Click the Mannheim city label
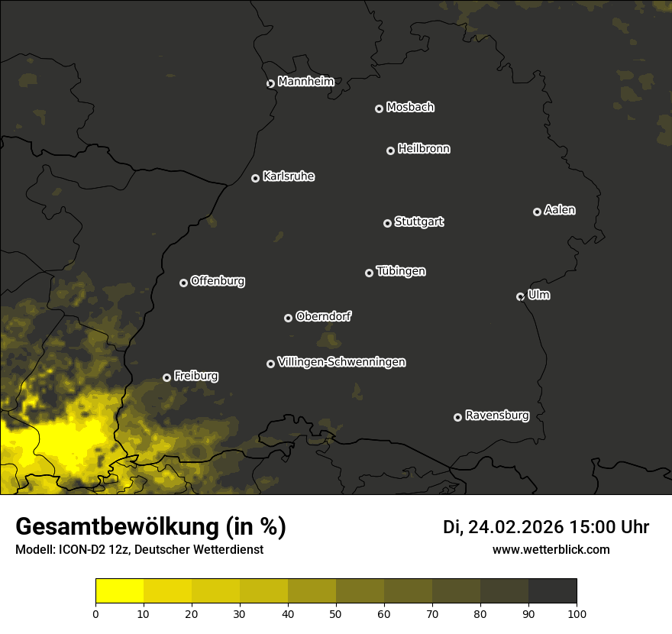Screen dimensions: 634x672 coord(305,81)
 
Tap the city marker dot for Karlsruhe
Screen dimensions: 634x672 coord(255,178)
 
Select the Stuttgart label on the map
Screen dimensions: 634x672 coord(418,222)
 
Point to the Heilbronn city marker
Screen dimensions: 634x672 coord(390,150)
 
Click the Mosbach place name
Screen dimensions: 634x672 coord(410,107)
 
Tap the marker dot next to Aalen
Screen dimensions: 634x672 coord(537,212)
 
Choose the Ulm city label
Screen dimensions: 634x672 coord(538,295)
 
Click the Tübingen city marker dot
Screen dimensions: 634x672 coord(369,273)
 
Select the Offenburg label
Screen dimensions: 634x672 coord(218,280)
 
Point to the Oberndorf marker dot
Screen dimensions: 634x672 coord(288,318)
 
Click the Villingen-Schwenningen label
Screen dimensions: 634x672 coord(341,361)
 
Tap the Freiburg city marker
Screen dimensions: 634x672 coord(166,377)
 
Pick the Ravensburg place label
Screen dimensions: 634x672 coord(496,416)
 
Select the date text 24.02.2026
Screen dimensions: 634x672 coord(515,527)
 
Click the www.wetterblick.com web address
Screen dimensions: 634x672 coord(551,549)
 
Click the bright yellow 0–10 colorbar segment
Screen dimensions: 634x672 coord(120,590)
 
